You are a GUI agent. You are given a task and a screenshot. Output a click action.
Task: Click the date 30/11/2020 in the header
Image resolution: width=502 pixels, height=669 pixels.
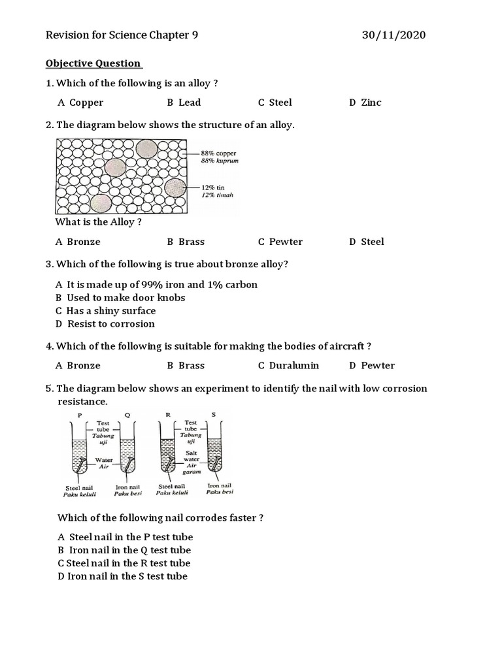(x=393, y=35)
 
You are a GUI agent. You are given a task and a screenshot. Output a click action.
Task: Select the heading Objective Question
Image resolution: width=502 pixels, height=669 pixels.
(x=93, y=63)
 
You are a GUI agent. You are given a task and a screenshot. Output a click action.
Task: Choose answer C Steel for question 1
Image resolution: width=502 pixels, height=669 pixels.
(x=275, y=103)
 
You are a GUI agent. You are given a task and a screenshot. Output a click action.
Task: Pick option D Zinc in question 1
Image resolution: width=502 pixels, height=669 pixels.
(x=365, y=103)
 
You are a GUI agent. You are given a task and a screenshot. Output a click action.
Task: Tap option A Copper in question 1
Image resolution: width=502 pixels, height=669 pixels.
(x=80, y=103)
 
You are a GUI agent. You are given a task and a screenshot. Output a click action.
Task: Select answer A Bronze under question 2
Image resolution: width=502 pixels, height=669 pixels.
(x=78, y=242)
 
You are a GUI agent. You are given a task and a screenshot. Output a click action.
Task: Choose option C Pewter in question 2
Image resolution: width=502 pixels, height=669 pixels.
(x=280, y=242)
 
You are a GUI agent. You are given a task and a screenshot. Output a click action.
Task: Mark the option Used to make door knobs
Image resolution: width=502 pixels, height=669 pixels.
(x=121, y=298)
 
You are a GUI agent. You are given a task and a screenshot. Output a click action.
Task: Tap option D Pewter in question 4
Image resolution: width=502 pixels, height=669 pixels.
(x=372, y=366)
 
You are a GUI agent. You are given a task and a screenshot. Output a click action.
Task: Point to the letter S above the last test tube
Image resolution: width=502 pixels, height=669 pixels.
(x=213, y=415)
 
